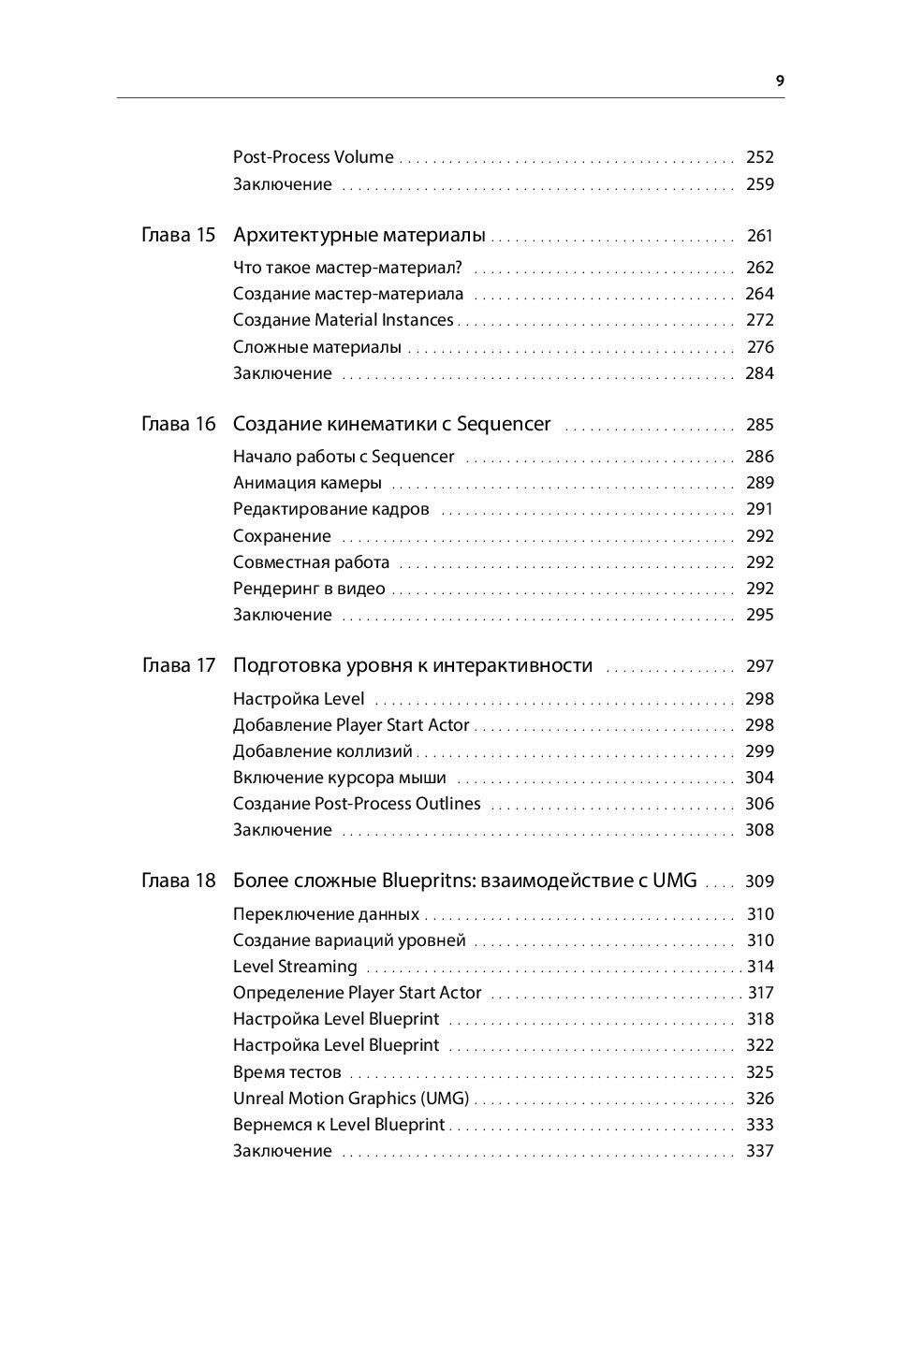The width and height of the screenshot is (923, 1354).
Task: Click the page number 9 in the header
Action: click(780, 80)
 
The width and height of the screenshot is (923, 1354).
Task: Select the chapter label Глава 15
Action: click(178, 235)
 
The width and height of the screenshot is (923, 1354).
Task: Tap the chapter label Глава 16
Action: click(178, 424)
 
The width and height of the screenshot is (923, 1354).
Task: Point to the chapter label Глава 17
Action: click(178, 665)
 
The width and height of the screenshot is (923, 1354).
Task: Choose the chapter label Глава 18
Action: click(178, 881)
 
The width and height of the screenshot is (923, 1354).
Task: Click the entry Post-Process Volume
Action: click(313, 157)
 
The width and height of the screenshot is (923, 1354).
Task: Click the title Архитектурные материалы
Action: click(359, 235)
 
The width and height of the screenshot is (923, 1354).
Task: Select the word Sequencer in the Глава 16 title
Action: click(503, 424)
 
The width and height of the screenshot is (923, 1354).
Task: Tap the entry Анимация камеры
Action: click(307, 483)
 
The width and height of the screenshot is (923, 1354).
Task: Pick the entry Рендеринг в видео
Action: click(309, 589)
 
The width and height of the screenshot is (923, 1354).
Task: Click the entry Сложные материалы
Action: click(316, 347)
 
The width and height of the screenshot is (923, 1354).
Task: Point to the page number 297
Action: click(759, 666)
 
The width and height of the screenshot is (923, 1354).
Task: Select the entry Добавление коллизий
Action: click(322, 751)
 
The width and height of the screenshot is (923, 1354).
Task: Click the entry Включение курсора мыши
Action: click(339, 778)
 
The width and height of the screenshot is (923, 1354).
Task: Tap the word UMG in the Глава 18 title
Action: click(674, 881)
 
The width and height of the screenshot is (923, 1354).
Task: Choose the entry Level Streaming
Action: click(295, 967)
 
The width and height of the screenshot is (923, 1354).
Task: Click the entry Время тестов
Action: click(286, 1072)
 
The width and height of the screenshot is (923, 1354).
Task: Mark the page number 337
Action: click(759, 1151)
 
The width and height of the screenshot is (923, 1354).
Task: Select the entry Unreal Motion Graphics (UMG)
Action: click(351, 1099)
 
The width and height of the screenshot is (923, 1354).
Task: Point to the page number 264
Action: click(759, 294)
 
